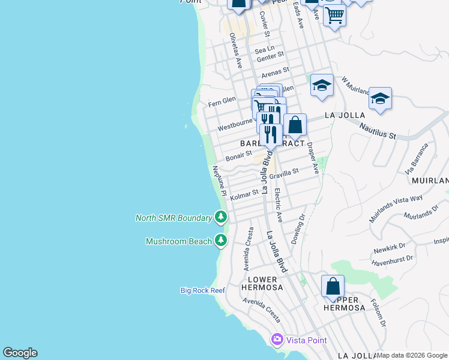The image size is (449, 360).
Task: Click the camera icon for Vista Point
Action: pyautogui.click(x=277, y=340)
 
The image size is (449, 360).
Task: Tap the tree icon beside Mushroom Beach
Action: pyautogui.click(x=221, y=241)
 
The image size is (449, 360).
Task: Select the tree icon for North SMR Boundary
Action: pyautogui.click(x=221, y=217)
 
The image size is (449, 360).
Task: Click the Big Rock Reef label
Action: pyautogui.click(x=202, y=290)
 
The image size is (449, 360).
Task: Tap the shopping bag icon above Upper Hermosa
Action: pyautogui.click(x=333, y=286)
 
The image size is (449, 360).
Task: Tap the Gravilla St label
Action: pyautogui.click(x=283, y=173)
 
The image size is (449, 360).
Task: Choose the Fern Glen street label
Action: pyautogui.click(x=221, y=101)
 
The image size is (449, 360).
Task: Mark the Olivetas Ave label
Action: pyautogui.click(x=235, y=50)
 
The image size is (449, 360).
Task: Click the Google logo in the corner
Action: pyautogui.click(x=20, y=353)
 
